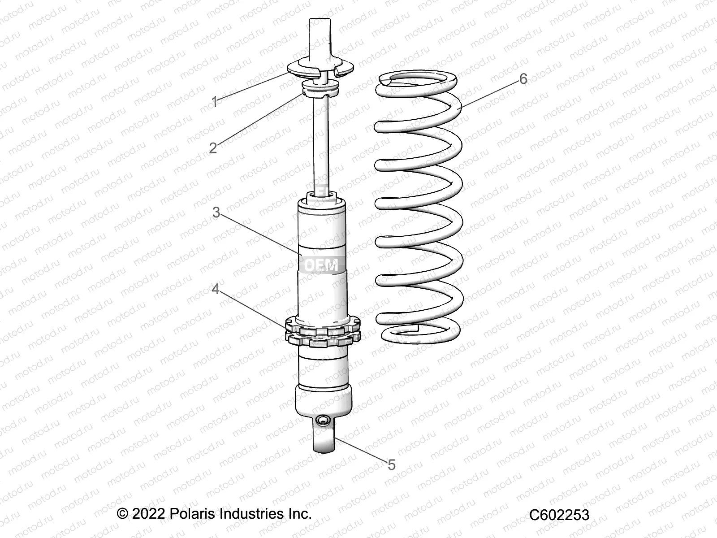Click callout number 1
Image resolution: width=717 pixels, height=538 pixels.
click(x=215, y=102)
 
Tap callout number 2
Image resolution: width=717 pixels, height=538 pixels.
click(x=213, y=147)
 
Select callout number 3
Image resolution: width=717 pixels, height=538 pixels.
click(x=216, y=212)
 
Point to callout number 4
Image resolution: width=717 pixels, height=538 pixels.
click(x=216, y=290)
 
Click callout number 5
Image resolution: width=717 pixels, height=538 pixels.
click(x=391, y=465)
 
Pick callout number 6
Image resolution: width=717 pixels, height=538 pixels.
click(x=523, y=79)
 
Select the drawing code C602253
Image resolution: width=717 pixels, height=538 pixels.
click(x=559, y=515)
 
